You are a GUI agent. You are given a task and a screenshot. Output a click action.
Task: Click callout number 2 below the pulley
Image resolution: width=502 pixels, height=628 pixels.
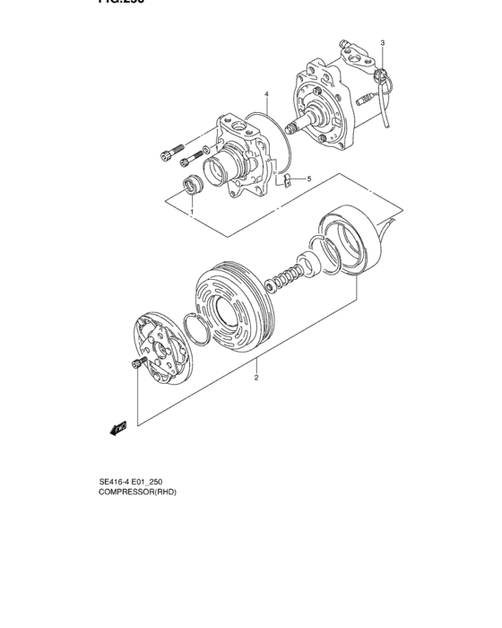coord(256,378)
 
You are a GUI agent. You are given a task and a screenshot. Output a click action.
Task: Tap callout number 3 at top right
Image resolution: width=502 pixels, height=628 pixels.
coord(382,43)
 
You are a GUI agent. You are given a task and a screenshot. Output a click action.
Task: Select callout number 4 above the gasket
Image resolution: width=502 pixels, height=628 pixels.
coord(266,94)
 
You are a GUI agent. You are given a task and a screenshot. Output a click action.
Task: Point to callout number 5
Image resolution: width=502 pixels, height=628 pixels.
coord(309,179)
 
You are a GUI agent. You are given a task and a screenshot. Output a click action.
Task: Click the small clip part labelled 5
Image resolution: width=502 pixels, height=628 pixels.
coord(286,179)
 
